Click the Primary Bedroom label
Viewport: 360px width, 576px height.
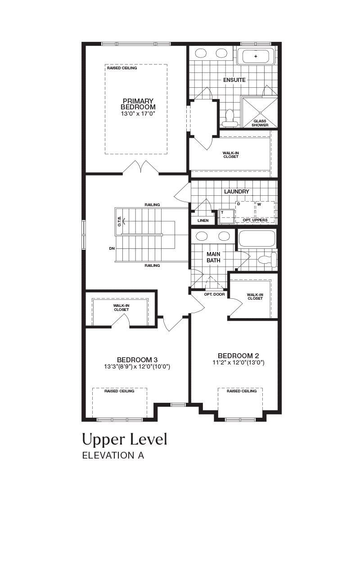point(138,104)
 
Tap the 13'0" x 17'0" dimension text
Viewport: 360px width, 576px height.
point(138,113)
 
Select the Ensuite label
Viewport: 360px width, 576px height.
point(234,80)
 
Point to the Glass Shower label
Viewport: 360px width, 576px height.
point(260,123)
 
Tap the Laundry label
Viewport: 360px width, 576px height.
point(237,192)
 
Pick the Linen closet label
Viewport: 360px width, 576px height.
point(203,220)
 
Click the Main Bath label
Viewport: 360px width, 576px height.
point(213,257)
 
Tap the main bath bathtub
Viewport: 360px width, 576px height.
point(256,239)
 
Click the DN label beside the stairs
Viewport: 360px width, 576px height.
point(112,249)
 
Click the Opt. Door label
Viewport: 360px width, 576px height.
point(215,294)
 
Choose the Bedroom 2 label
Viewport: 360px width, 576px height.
point(238,356)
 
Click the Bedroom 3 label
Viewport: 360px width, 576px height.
point(137,360)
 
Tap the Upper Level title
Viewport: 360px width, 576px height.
point(125,439)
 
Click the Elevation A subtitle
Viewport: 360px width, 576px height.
point(113,455)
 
